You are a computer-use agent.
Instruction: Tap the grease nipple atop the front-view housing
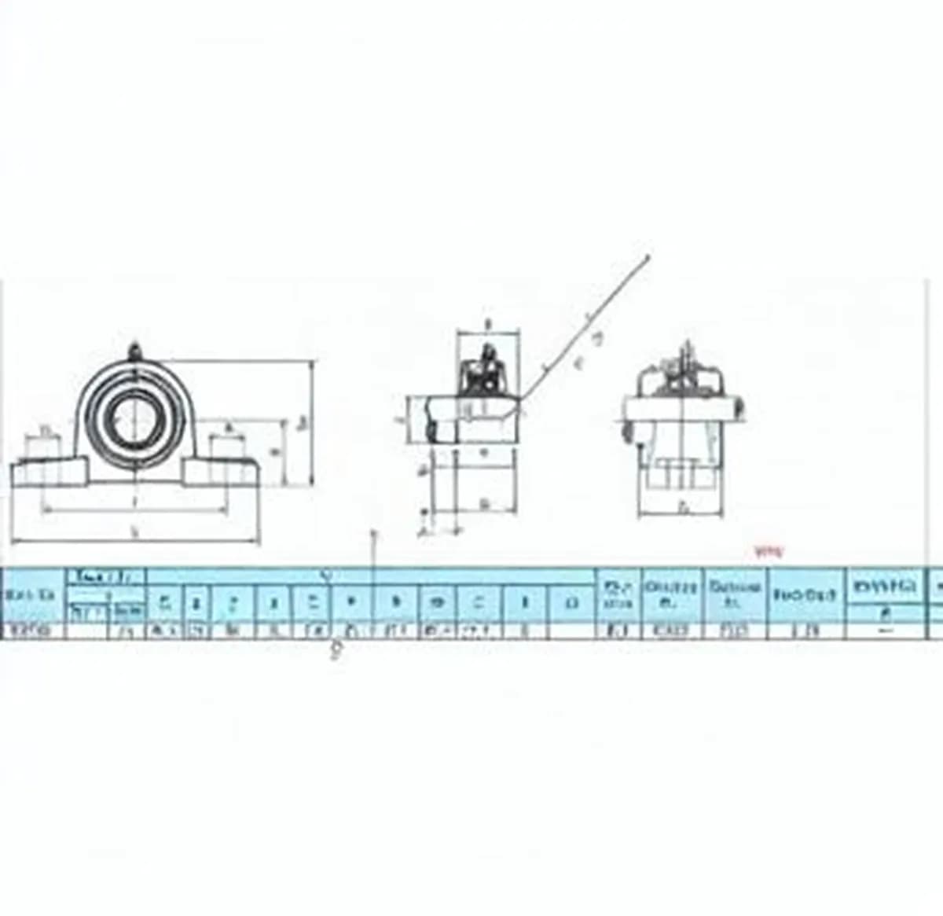click(134, 347)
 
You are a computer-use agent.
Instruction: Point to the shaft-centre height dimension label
click(274, 452)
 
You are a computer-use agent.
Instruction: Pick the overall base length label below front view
click(135, 532)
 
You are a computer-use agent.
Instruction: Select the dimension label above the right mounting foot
click(229, 429)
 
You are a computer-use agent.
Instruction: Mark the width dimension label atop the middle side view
click(488, 323)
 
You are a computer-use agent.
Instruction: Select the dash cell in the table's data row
click(886, 630)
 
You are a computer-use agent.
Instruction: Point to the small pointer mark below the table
click(336, 649)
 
